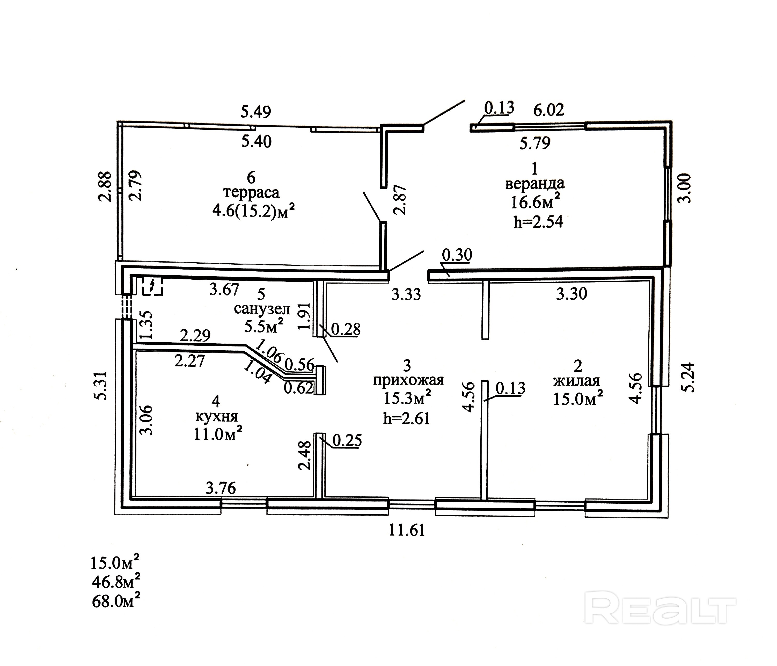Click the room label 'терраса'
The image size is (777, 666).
coord(251,193)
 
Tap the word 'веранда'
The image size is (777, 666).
coord(535,184)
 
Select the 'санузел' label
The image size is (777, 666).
coord(262,309)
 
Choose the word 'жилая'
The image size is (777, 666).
coord(576,381)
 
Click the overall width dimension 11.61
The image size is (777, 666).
coord(407,530)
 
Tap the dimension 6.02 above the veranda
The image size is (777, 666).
coord(549,110)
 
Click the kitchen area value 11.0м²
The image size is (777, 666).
coord(217,434)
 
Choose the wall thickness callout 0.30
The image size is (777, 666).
coord(457,255)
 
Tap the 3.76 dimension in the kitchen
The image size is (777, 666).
coord(221,488)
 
